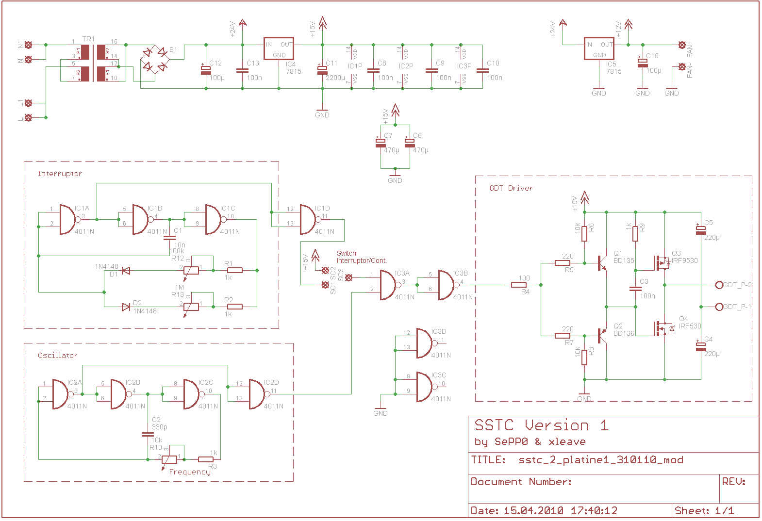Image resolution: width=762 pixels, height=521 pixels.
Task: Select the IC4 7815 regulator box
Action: pos(279,49)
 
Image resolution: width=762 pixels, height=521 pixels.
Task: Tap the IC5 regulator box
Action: pos(599,49)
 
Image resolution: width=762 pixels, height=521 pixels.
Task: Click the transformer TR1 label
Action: pos(88,39)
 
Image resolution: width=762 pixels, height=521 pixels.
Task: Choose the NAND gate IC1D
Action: pos(308,219)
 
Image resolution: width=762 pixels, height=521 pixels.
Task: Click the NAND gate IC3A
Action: pos(388,285)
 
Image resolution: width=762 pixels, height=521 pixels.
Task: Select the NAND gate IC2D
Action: pos(257,394)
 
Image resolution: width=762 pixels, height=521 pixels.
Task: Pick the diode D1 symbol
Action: pos(126,271)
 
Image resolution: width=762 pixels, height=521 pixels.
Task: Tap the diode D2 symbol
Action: pos(126,307)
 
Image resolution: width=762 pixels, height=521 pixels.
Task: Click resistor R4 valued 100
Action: pos(519,285)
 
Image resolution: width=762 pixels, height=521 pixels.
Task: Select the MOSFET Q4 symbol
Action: pos(662,328)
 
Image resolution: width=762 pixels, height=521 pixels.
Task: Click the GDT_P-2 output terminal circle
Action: pos(719,285)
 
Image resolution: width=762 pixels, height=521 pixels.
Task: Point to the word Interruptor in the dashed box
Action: pos(60,174)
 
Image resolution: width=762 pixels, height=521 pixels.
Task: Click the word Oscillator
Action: pos(57,356)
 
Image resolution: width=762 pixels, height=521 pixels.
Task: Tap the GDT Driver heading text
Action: pos(511,188)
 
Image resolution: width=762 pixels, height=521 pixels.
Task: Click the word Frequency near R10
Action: pos(190,472)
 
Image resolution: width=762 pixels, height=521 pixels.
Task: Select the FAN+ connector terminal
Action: pos(682,45)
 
